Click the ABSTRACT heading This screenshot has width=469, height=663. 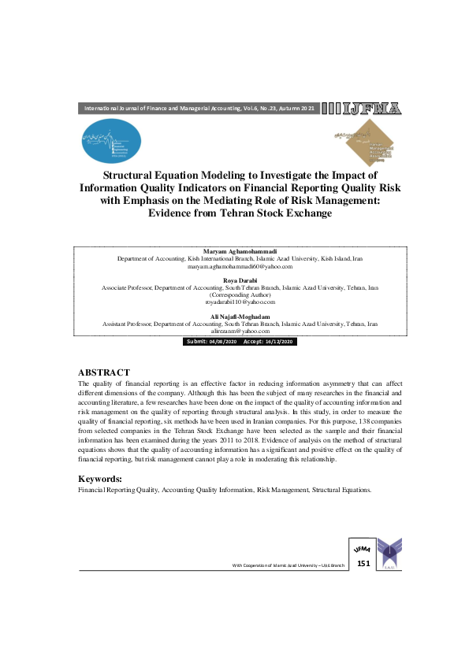[104, 372]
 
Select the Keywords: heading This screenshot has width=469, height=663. [100, 479]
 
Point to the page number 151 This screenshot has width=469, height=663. [363, 564]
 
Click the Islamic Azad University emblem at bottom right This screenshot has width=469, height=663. [389, 553]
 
